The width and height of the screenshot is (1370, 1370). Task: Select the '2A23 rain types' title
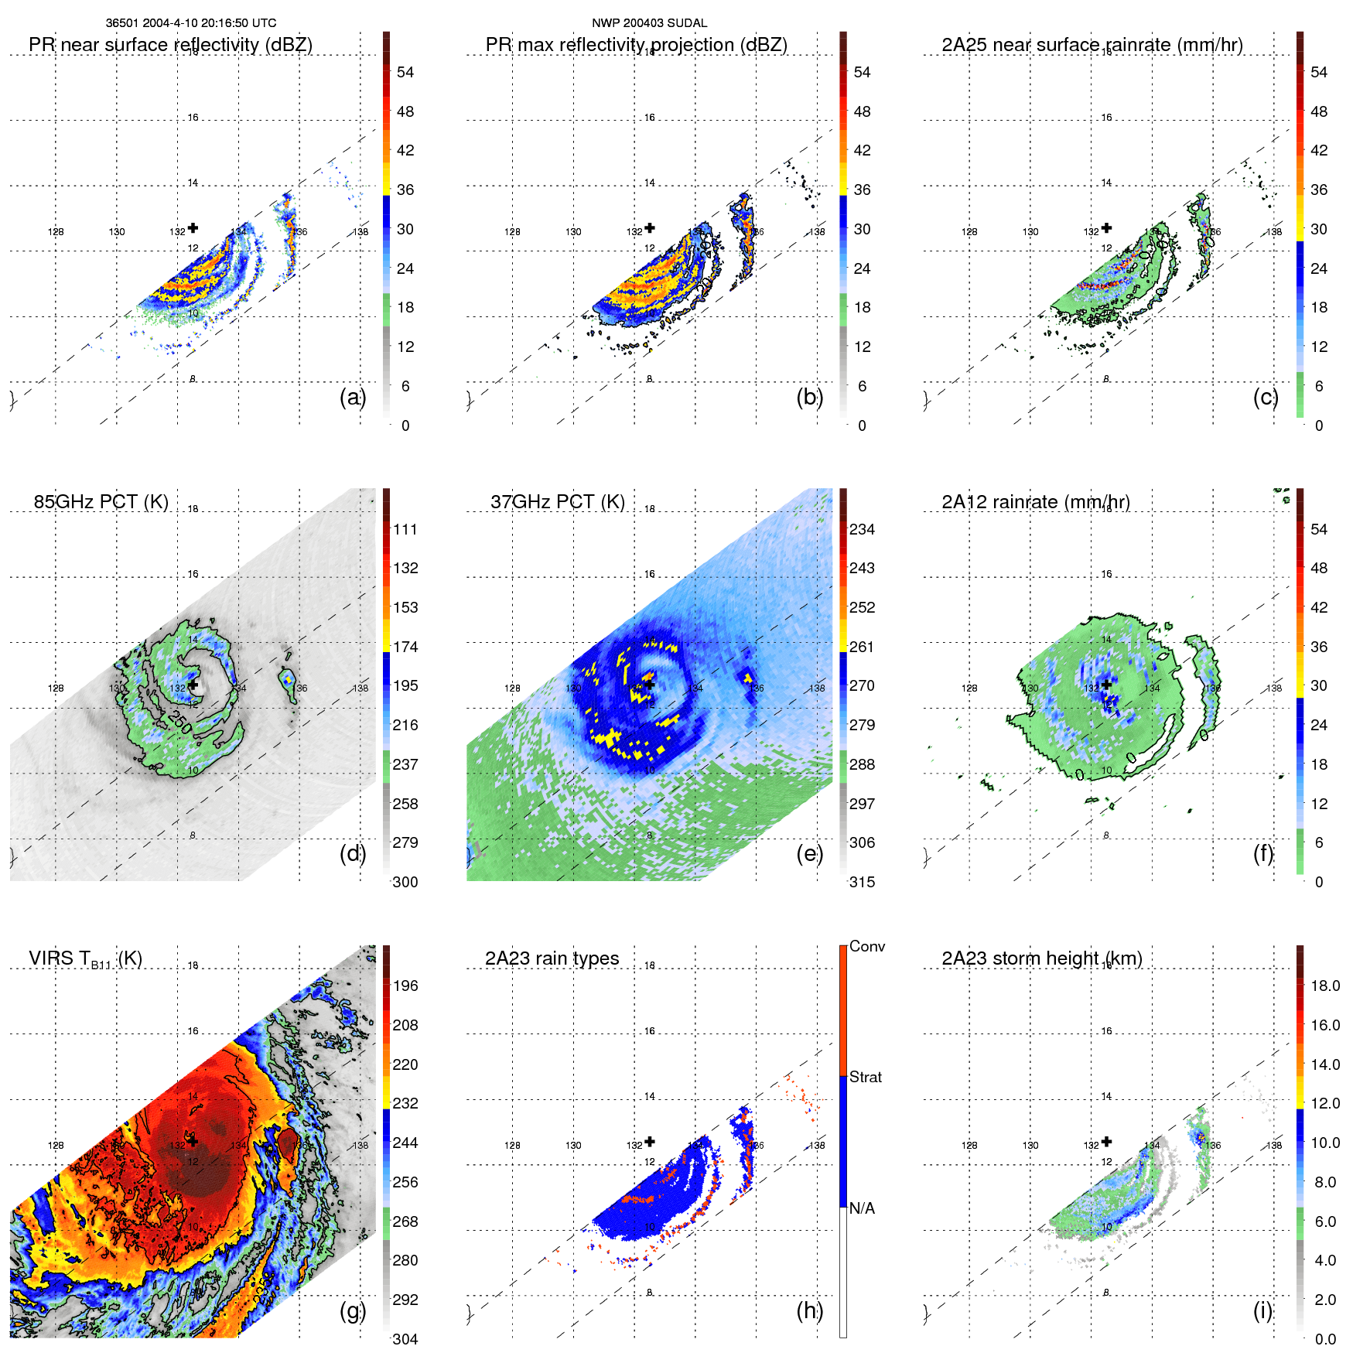(552, 958)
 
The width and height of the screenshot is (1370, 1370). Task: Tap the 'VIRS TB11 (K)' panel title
(85, 959)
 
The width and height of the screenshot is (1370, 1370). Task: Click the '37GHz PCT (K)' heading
(557, 502)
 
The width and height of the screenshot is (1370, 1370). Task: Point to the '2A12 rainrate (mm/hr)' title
(1035, 502)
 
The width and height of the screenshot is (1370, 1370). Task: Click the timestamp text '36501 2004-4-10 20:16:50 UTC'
(190, 23)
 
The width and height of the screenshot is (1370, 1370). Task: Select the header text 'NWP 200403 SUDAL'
(649, 23)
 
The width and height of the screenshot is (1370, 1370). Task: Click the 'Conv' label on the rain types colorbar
(866, 947)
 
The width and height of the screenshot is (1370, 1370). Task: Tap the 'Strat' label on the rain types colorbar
(865, 1078)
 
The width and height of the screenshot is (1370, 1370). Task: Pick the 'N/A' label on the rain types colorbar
(862, 1208)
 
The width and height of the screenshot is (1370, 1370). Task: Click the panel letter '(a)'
(352, 398)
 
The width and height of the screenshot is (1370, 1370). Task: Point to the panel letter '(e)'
(809, 854)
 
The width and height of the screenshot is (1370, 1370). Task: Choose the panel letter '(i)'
(1262, 1310)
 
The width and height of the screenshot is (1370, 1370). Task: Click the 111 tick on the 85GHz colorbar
(405, 530)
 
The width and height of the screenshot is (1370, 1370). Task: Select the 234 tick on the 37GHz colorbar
(862, 530)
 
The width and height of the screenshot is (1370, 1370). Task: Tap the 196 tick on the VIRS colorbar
(405, 986)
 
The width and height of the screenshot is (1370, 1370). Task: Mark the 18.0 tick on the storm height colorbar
(1324, 986)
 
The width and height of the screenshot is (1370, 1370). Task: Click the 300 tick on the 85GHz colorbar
(405, 882)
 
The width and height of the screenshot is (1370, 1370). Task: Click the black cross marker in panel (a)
(193, 227)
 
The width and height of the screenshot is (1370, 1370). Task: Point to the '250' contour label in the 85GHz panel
(179, 722)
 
